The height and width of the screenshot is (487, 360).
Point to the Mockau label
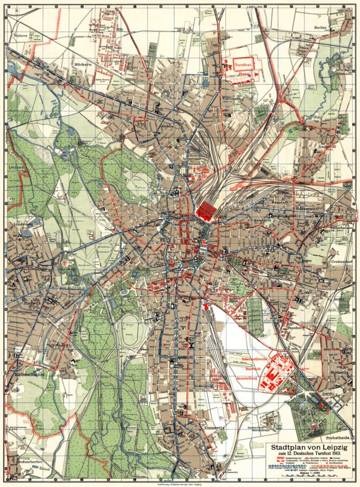(x=321, y=28)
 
